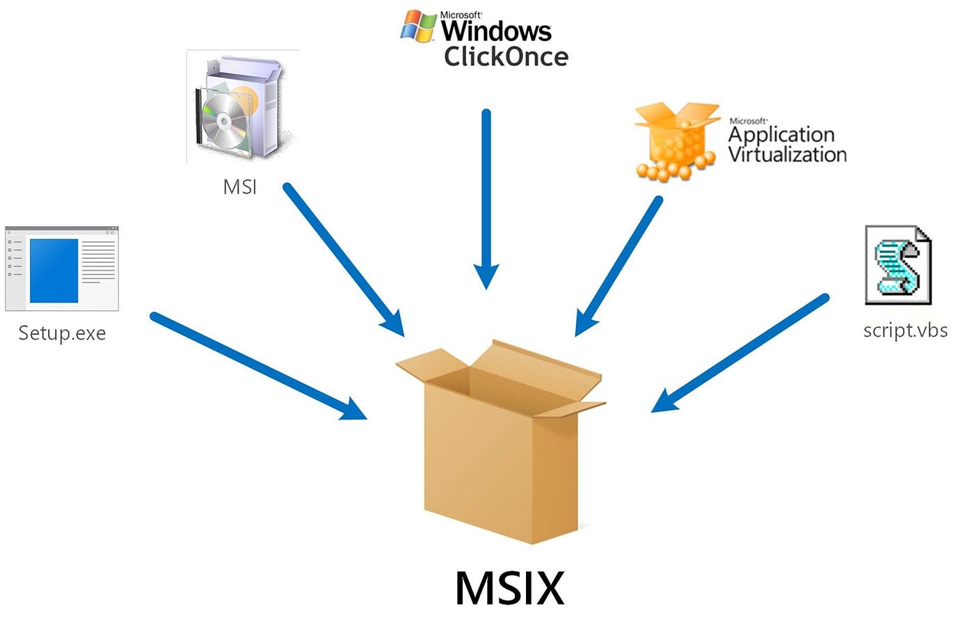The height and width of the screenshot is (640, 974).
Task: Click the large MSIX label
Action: coord(509,589)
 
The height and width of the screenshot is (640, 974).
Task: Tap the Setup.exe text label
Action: coord(62,333)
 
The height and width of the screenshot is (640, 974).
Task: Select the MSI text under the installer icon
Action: coord(239,187)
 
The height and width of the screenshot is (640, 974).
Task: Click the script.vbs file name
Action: coord(905,330)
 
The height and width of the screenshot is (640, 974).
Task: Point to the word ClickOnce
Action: coord(506,57)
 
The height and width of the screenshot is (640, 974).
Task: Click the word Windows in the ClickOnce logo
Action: coord(496,31)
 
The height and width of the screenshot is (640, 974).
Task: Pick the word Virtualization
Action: coord(787,154)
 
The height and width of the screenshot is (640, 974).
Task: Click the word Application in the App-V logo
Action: coord(781,134)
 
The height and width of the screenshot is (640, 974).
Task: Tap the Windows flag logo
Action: coord(419,26)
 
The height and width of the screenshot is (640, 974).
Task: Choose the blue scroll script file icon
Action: coord(897,265)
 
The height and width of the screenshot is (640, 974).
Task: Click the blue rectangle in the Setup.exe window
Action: coord(54,270)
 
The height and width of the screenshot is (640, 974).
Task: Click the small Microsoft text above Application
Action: coord(747,121)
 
